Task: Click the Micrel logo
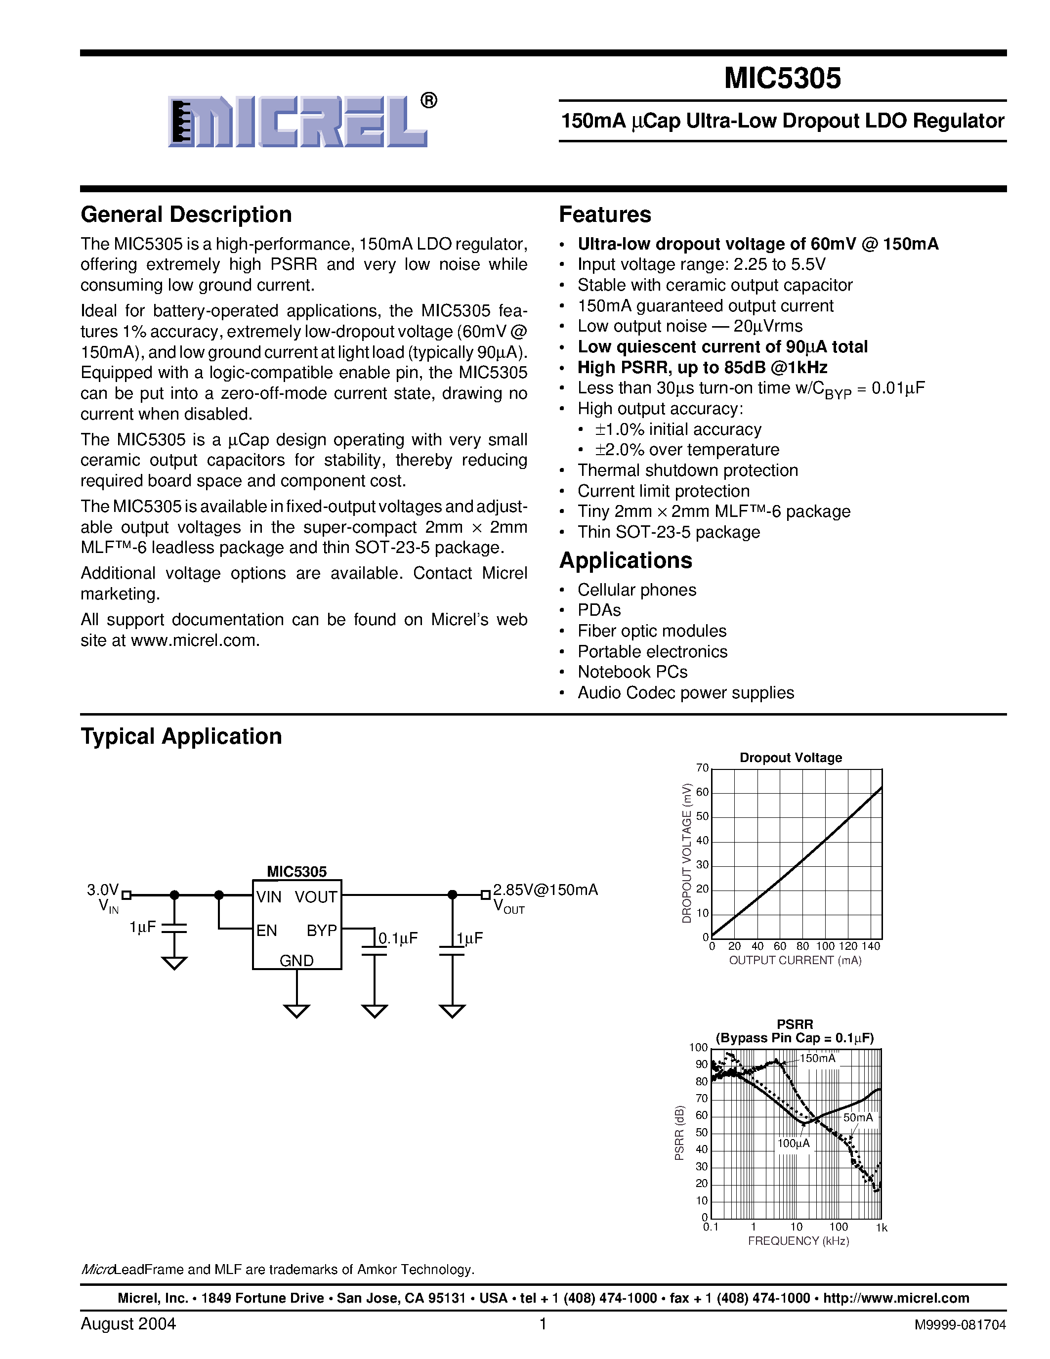click(x=298, y=122)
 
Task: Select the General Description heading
click(x=186, y=214)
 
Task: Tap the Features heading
click(x=605, y=214)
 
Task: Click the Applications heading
click(x=625, y=561)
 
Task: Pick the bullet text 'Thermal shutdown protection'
click(x=687, y=470)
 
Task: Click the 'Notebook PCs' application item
click(x=632, y=672)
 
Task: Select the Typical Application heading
click(x=181, y=737)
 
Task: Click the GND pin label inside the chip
click(x=296, y=960)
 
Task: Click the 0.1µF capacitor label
click(x=398, y=938)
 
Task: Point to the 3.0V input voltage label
click(x=103, y=890)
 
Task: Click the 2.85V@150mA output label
click(x=546, y=890)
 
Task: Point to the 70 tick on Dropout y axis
click(x=702, y=768)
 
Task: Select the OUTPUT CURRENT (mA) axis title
click(x=795, y=961)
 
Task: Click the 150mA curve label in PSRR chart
click(x=817, y=1059)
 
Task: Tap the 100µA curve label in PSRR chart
click(x=793, y=1143)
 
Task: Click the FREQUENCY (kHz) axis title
click(x=798, y=1241)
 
